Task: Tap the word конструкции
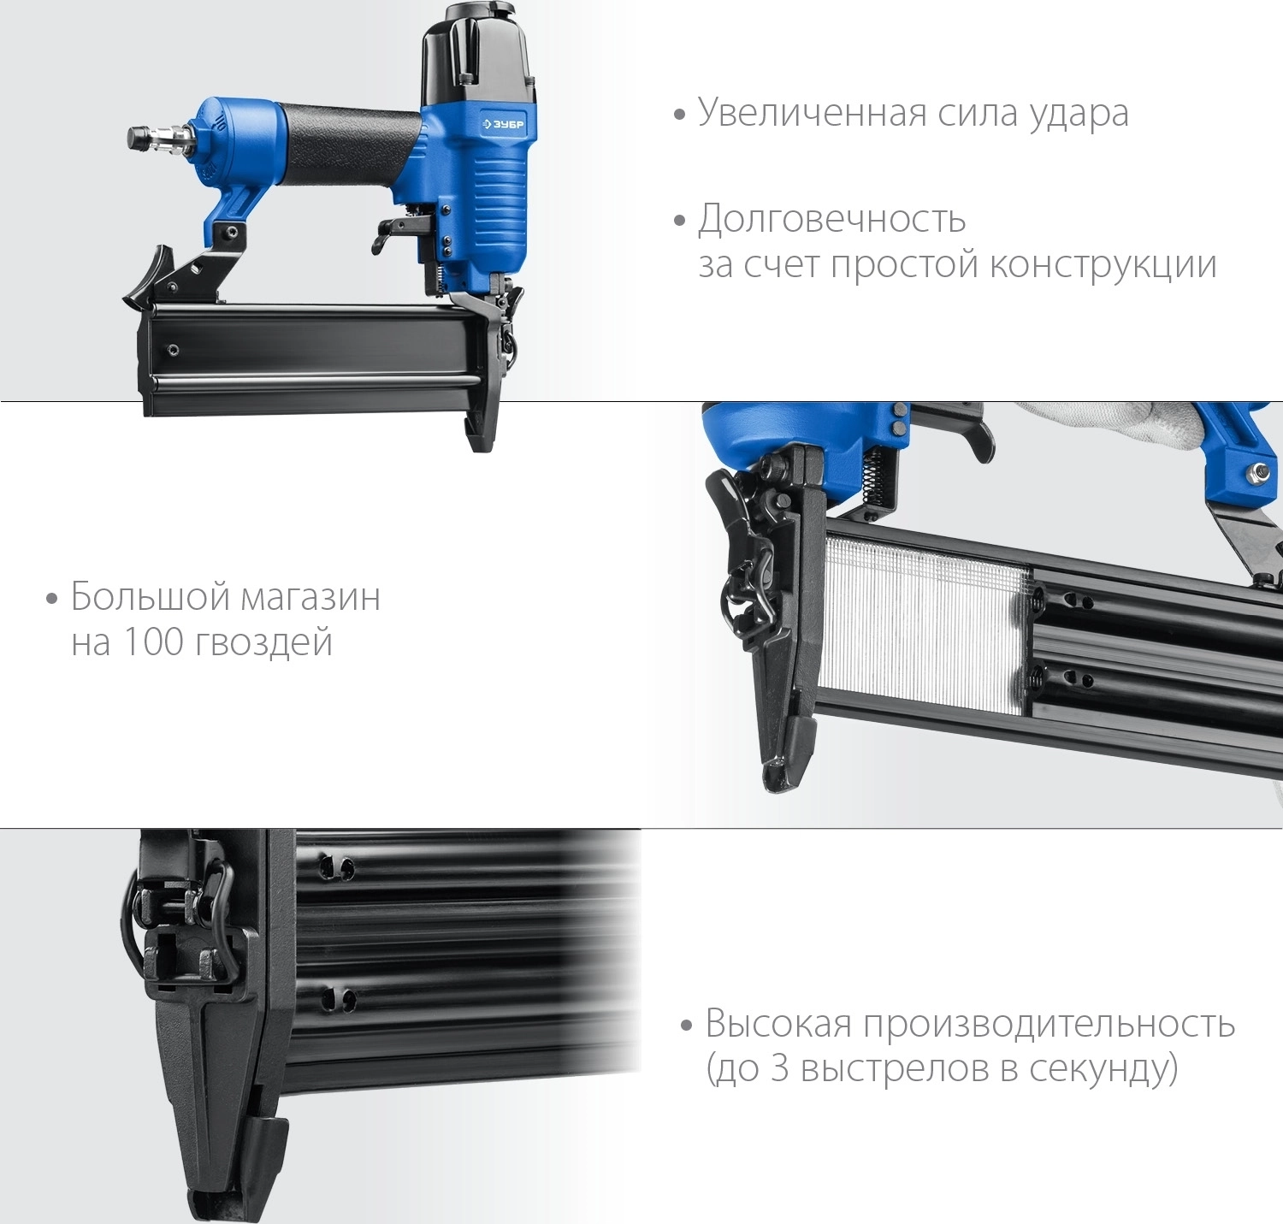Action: coord(1103,264)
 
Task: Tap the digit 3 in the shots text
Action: coord(778,1068)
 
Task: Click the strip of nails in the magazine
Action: coord(924,629)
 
